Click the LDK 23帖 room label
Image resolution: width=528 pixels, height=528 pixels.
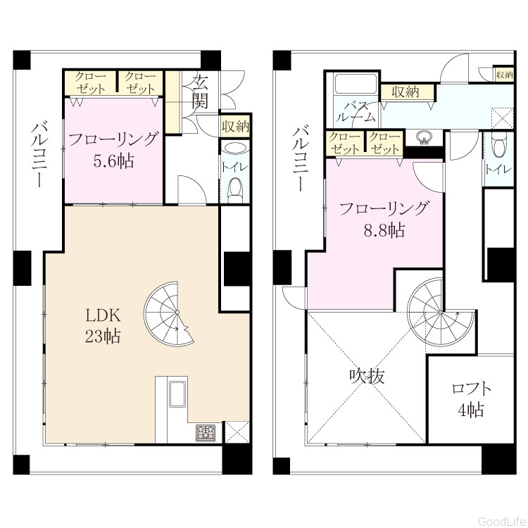point(103,326)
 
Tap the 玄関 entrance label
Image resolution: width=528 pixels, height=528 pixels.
point(200,92)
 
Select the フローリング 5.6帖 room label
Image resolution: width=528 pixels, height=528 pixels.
point(113,150)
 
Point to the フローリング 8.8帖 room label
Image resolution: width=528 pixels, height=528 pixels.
point(384,219)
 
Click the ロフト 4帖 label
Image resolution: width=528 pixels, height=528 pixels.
point(471,399)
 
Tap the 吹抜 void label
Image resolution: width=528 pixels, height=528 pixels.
point(367,376)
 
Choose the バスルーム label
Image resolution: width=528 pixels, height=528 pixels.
point(356,112)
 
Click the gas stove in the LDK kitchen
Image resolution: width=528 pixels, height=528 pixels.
point(206,432)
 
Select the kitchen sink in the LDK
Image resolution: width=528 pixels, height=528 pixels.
point(177,394)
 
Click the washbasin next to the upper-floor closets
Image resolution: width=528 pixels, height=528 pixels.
point(424,137)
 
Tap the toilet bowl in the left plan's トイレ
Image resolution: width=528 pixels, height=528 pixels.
point(235,191)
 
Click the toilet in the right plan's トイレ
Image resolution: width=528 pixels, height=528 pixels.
point(498,144)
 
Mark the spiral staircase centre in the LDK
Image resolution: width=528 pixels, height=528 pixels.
point(177,313)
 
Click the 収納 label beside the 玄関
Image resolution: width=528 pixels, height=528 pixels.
point(235,127)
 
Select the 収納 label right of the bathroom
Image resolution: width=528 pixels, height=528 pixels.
point(406,92)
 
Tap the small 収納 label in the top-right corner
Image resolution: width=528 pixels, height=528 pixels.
point(504,75)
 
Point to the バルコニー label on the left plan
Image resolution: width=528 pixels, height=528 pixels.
point(39,154)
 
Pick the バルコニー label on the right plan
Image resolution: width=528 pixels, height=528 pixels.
point(301,158)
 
